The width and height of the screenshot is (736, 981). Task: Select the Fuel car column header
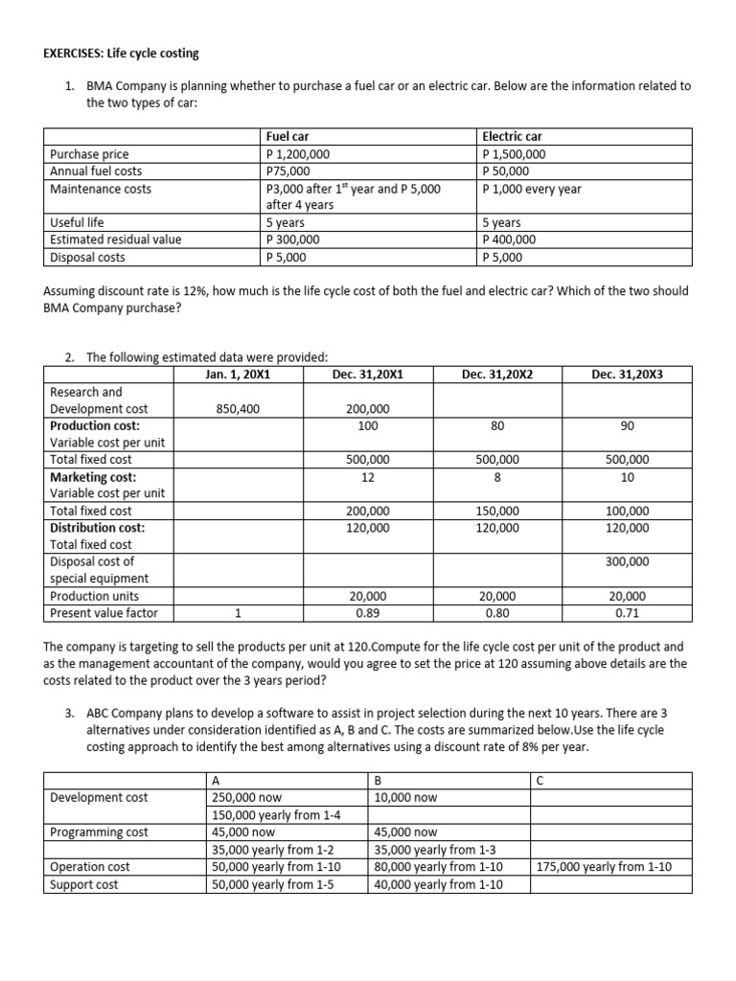287,137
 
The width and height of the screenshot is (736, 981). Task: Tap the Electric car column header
513,137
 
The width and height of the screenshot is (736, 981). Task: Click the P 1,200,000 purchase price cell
298,154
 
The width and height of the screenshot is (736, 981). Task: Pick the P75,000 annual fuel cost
287,171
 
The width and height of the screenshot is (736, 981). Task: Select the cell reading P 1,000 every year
533,189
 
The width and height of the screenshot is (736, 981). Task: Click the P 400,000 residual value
511,240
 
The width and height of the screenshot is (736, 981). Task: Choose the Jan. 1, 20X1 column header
238,375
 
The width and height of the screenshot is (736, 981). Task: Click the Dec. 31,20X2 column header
496,375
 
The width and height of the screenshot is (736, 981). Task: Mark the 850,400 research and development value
238,409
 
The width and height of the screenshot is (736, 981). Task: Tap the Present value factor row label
103,613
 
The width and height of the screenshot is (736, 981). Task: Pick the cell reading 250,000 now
246,797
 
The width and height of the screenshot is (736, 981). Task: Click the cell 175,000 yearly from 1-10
605,867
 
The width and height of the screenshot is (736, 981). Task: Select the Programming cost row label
99,833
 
